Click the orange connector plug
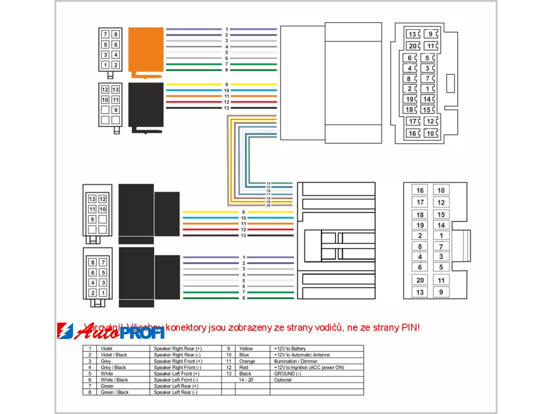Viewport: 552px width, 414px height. point(146,50)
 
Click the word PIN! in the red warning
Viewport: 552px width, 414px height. point(410,327)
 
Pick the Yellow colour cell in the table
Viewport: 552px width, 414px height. point(246,349)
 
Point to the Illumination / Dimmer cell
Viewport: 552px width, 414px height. point(295,361)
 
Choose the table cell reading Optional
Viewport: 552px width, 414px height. point(283,380)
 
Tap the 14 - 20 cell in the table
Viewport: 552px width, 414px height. point(247,380)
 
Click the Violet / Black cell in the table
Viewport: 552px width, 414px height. point(114,355)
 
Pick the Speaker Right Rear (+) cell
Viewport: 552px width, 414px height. point(178,349)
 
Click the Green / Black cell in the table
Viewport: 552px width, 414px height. point(115,392)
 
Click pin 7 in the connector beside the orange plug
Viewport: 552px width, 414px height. point(106,34)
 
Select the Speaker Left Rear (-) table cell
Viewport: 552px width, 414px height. point(176,392)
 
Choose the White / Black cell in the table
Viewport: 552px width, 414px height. point(114,380)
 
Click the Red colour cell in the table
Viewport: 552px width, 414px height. point(244,368)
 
